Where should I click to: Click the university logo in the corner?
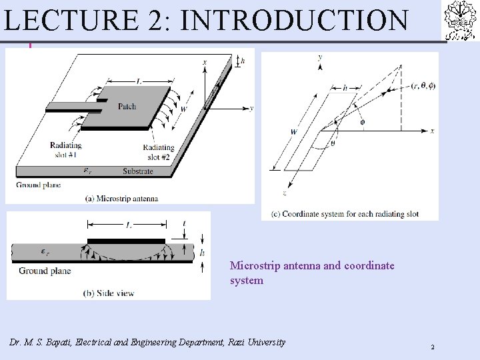tap(460, 21)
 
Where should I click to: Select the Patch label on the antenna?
tap(127, 107)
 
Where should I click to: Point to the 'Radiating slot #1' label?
tap(66, 150)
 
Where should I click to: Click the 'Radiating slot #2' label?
tap(158, 151)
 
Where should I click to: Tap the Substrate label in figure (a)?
tap(138, 171)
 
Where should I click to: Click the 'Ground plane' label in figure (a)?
tap(36, 185)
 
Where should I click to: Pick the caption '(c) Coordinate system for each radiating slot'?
tap(349, 214)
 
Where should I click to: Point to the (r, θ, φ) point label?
tap(423, 85)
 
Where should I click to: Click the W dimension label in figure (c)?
tap(294, 132)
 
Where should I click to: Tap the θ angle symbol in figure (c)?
tap(332, 143)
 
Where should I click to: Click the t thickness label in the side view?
tap(184, 225)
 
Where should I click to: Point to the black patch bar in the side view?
tap(126, 241)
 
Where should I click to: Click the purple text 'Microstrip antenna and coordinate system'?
tap(312, 273)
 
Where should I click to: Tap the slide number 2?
tap(432, 347)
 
